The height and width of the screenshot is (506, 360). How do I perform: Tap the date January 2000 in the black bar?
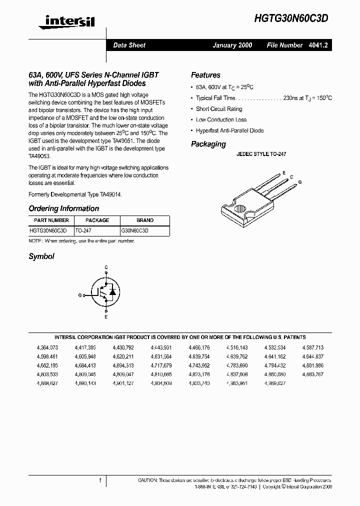[232, 45]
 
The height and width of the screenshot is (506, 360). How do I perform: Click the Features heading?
[205, 75]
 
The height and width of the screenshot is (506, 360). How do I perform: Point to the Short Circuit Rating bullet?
[219, 109]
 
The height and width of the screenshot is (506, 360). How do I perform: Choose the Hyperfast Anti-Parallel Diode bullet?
[229, 131]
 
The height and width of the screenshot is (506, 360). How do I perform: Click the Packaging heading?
[208, 144]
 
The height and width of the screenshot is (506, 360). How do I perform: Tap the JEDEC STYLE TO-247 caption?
[261, 155]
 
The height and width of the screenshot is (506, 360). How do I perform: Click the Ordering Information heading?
[63, 208]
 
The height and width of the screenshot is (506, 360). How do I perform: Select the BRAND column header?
[145, 220]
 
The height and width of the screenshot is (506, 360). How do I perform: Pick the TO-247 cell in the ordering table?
[83, 231]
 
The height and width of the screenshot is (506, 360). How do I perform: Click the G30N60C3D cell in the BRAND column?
[135, 231]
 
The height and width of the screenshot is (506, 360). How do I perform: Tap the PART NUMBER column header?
[51, 220]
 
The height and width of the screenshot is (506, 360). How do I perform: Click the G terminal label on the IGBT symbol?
[80, 295]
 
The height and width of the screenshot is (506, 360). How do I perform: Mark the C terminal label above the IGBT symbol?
[106, 268]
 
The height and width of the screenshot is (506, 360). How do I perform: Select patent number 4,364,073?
[47, 347]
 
